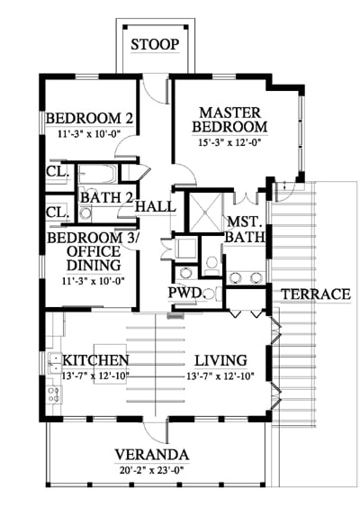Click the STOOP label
pos(155,44)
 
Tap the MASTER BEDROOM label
pos(229,120)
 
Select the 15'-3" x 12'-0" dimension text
pos(229,142)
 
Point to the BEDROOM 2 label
pos(89,118)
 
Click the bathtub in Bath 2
pos(97,175)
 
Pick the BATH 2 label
pos(106,197)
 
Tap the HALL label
pos(156,206)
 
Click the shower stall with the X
pos(206,213)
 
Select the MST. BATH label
pos(246,230)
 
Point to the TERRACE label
pos(316,294)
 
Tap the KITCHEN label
pos(95,360)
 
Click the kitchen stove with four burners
pos(54,394)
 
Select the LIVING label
pos(221,360)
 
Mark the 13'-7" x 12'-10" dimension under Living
pos(220,376)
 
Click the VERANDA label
pos(152,455)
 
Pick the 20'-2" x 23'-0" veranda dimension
pos(152,470)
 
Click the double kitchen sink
pos(55,363)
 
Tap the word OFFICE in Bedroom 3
pos(94,251)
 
